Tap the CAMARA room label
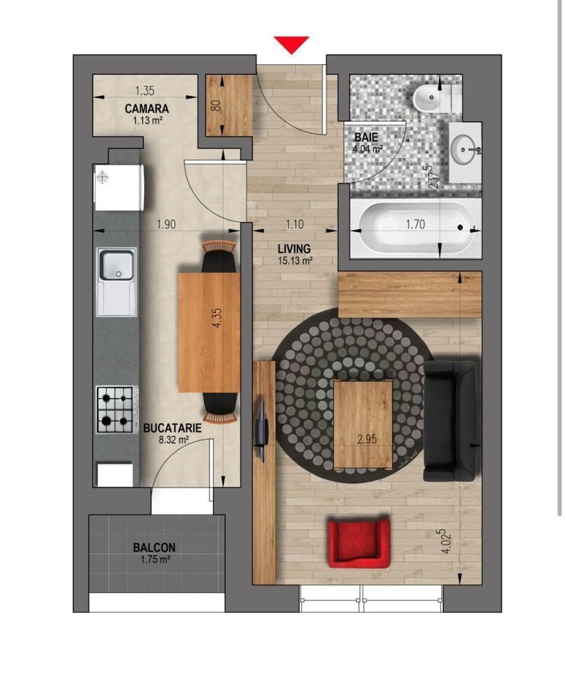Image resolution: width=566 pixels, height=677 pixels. [x=147, y=108]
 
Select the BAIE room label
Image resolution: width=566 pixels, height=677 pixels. [x=367, y=138]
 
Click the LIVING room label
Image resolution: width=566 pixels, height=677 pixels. [x=294, y=249]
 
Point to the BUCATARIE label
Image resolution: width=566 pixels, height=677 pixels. [x=172, y=428]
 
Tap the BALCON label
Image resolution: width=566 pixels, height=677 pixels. [x=155, y=547]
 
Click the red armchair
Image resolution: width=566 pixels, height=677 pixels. [x=359, y=543]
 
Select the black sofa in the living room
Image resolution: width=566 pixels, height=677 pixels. [x=450, y=421]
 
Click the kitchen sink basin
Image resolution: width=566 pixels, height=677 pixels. [x=116, y=266]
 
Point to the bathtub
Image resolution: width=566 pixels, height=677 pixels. [x=416, y=227]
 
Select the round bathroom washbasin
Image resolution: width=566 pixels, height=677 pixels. [x=465, y=149]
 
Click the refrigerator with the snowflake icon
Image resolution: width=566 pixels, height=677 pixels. [x=119, y=187]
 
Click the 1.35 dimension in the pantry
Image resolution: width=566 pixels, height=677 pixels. [x=145, y=91]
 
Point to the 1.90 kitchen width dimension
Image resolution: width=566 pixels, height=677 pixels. [x=166, y=225]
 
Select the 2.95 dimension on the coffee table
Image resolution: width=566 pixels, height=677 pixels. [x=367, y=440]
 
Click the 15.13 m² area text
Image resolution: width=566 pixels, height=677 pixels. [x=295, y=260]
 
